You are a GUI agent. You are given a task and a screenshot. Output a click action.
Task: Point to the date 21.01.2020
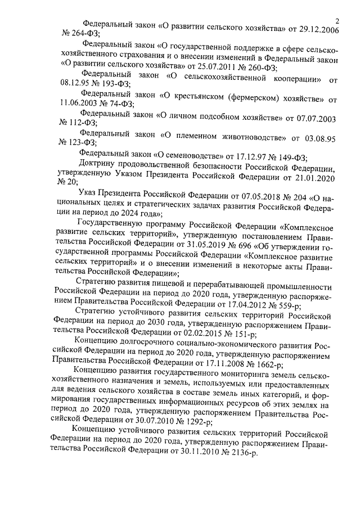[315, 178]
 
